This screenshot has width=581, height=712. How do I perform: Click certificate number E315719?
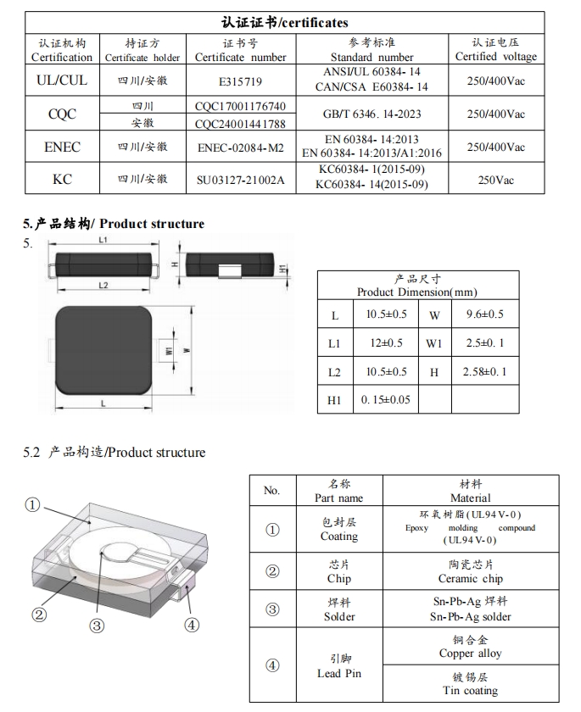click(240, 81)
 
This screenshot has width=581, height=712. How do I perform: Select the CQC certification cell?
click(62, 114)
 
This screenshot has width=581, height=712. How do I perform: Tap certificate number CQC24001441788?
click(240, 123)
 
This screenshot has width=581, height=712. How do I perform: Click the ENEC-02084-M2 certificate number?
click(240, 147)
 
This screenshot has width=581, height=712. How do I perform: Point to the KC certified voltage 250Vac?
click(496, 180)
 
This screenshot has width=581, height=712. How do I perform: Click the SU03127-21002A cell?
click(240, 180)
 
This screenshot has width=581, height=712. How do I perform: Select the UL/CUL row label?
click(62, 81)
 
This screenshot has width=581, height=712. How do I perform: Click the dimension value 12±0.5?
click(386, 343)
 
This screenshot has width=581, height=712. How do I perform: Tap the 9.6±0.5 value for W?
click(484, 314)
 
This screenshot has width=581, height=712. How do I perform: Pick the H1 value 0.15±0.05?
click(386, 399)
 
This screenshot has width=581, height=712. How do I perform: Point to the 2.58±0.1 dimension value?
click(484, 371)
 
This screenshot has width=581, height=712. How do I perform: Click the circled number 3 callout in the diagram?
click(97, 626)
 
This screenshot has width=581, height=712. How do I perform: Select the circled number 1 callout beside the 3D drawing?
click(32, 505)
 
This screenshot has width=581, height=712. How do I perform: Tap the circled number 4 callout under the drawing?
click(192, 625)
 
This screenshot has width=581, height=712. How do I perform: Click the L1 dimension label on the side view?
click(102, 241)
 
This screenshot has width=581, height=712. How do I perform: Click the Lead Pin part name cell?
click(338, 666)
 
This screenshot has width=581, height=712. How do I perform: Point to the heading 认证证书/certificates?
click(284, 22)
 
